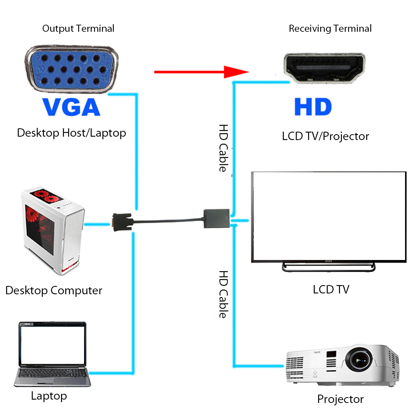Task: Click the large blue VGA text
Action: point(71,107)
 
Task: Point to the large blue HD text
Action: point(313,107)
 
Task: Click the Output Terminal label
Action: point(78,28)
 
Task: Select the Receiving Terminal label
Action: point(330,28)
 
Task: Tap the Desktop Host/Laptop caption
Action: point(71,133)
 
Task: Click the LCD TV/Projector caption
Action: point(325,136)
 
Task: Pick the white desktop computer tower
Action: point(52,232)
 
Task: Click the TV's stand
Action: point(329,267)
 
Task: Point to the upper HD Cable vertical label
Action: point(224,148)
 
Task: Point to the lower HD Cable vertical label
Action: point(224,294)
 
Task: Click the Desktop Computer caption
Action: point(54,290)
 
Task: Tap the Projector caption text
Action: point(340,399)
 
